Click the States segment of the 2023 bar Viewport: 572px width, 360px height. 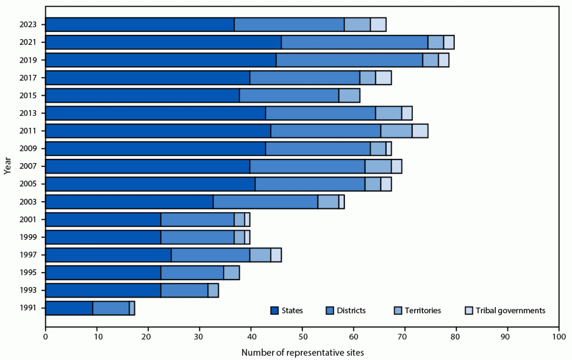coord(140,24)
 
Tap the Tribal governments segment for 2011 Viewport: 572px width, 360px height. coord(420,131)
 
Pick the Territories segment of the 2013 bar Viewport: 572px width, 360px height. coord(389,113)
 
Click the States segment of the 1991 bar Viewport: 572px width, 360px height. coord(69,308)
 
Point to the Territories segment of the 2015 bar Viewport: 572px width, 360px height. coord(349,96)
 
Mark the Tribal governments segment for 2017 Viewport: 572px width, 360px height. coord(383,78)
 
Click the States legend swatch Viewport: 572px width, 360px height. coord(275,311)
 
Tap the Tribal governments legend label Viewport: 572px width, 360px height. coord(511,311)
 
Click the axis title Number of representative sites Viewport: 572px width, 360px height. coord(302,352)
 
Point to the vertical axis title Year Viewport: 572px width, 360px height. coord(7,166)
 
